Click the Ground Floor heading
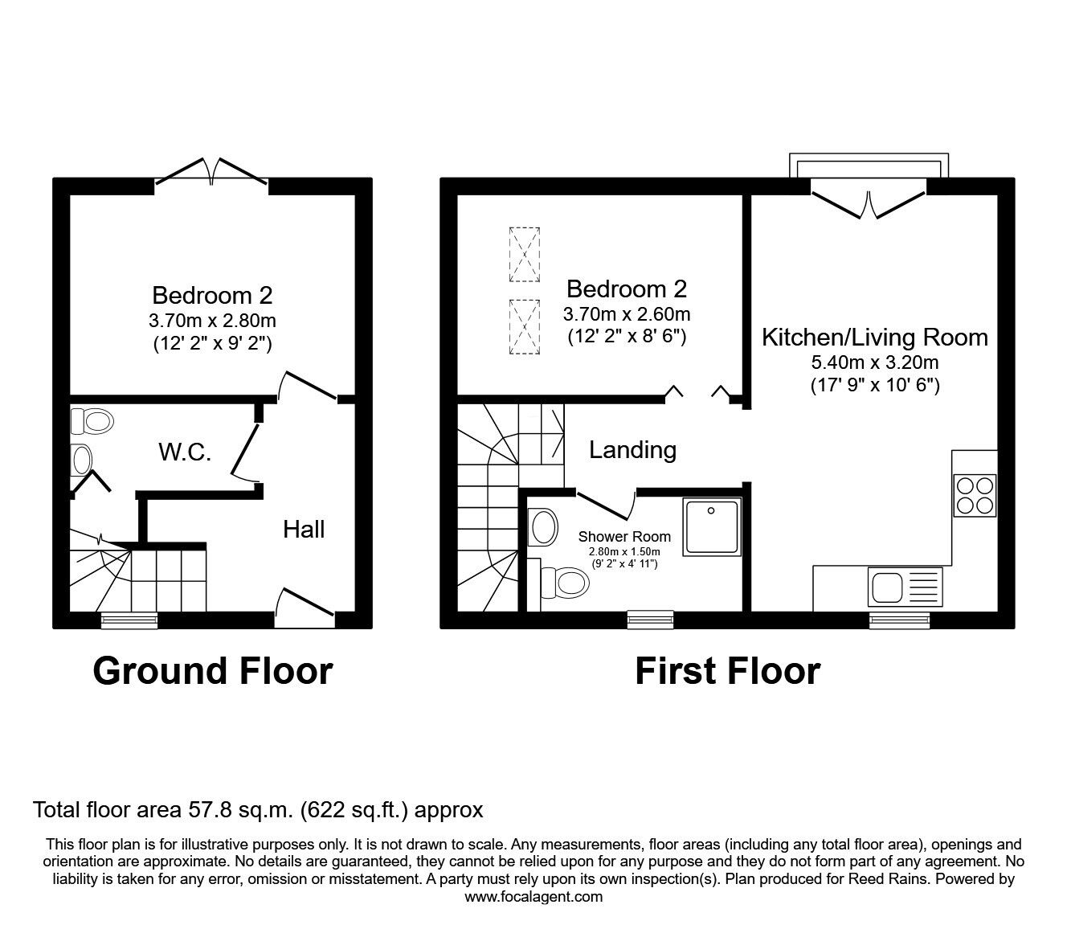click(212, 671)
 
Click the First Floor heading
click(727, 671)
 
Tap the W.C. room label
click(185, 452)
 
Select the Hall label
click(304, 529)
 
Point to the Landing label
click(632, 449)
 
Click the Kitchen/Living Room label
click(874, 337)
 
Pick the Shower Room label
click(624, 537)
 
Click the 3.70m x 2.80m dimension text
click(212, 321)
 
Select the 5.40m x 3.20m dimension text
click(874, 362)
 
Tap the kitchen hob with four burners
click(974, 495)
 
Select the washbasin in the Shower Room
click(545, 528)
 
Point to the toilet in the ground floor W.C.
click(91, 420)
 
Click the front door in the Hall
click(305, 608)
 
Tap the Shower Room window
click(650, 619)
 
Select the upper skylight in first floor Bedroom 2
click(524, 254)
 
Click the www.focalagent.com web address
click(533, 897)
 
